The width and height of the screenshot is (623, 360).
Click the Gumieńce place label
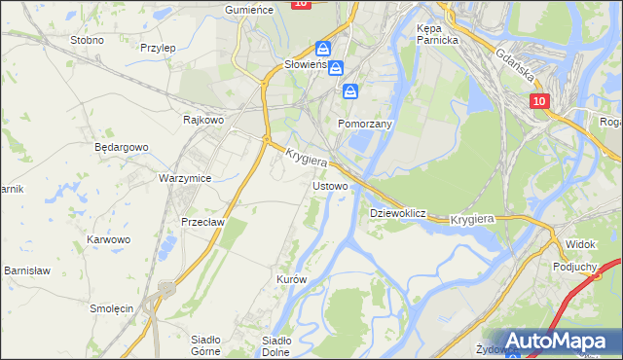point(248,8)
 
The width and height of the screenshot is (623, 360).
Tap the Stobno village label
point(88,41)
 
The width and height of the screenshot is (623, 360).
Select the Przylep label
point(157,47)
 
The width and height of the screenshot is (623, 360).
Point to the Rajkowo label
point(204,120)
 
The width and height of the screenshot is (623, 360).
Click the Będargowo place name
point(121,147)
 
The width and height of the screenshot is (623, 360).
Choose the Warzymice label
point(185,179)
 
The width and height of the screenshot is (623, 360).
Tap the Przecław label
point(202,221)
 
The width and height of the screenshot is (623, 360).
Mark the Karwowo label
point(108,239)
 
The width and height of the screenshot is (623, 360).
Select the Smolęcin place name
point(111,307)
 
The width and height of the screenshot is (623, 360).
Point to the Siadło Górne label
point(205,345)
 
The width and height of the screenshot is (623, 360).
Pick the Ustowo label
point(329,185)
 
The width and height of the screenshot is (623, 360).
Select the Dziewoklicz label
point(398,212)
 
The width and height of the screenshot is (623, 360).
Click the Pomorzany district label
point(364,126)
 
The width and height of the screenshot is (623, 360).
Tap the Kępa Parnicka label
point(436,35)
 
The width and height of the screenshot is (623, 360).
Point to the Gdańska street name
point(517,64)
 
